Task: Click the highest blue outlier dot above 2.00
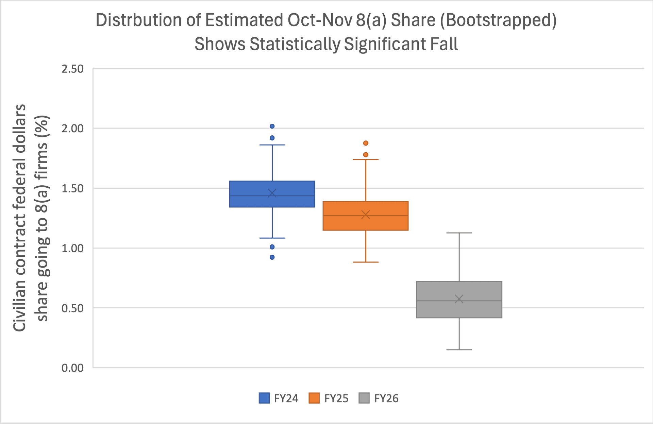272,126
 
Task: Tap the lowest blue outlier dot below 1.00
272,257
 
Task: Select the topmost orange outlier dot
366,143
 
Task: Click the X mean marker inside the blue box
272,193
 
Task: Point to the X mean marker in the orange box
366,215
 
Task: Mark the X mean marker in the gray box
459,299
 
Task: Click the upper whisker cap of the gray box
459,233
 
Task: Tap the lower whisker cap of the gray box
459,350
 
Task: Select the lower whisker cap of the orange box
366,262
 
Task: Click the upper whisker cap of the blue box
272,145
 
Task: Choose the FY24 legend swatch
264,398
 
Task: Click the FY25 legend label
336,398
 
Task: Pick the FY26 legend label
386,398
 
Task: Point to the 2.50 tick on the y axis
72,69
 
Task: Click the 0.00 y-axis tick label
72,368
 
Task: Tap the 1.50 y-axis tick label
72,188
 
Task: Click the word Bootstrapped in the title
498,20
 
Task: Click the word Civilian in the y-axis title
19,304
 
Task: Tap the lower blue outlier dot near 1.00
272,247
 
